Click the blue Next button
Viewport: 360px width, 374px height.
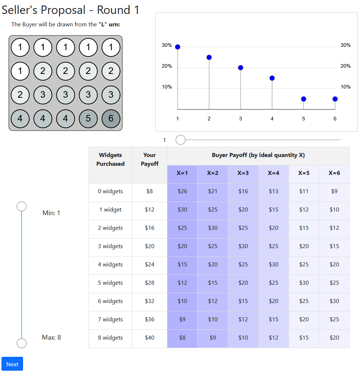(x=12, y=364)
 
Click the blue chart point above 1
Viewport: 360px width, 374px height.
(x=178, y=47)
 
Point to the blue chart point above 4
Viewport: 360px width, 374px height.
(x=272, y=78)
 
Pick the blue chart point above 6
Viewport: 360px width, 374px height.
(x=335, y=99)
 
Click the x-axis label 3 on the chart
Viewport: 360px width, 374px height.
(x=241, y=119)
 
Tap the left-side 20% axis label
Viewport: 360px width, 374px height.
(x=167, y=66)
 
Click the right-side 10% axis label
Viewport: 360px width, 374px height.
(x=345, y=87)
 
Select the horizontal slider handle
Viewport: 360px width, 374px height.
(x=181, y=140)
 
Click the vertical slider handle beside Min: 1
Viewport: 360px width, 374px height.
(x=22, y=206)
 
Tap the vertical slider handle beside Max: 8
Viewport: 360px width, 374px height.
(x=22, y=343)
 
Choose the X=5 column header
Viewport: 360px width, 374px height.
(x=304, y=173)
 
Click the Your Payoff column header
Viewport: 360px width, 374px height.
(x=149, y=160)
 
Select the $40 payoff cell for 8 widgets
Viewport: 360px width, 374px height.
(x=149, y=338)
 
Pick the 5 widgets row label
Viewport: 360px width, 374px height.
(x=110, y=283)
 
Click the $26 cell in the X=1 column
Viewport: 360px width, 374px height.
(x=182, y=191)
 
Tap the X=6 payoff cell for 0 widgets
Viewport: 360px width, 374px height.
(x=334, y=191)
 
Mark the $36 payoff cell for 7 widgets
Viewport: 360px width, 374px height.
(x=149, y=319)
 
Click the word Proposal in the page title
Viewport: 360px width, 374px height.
(x=63, y=10)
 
